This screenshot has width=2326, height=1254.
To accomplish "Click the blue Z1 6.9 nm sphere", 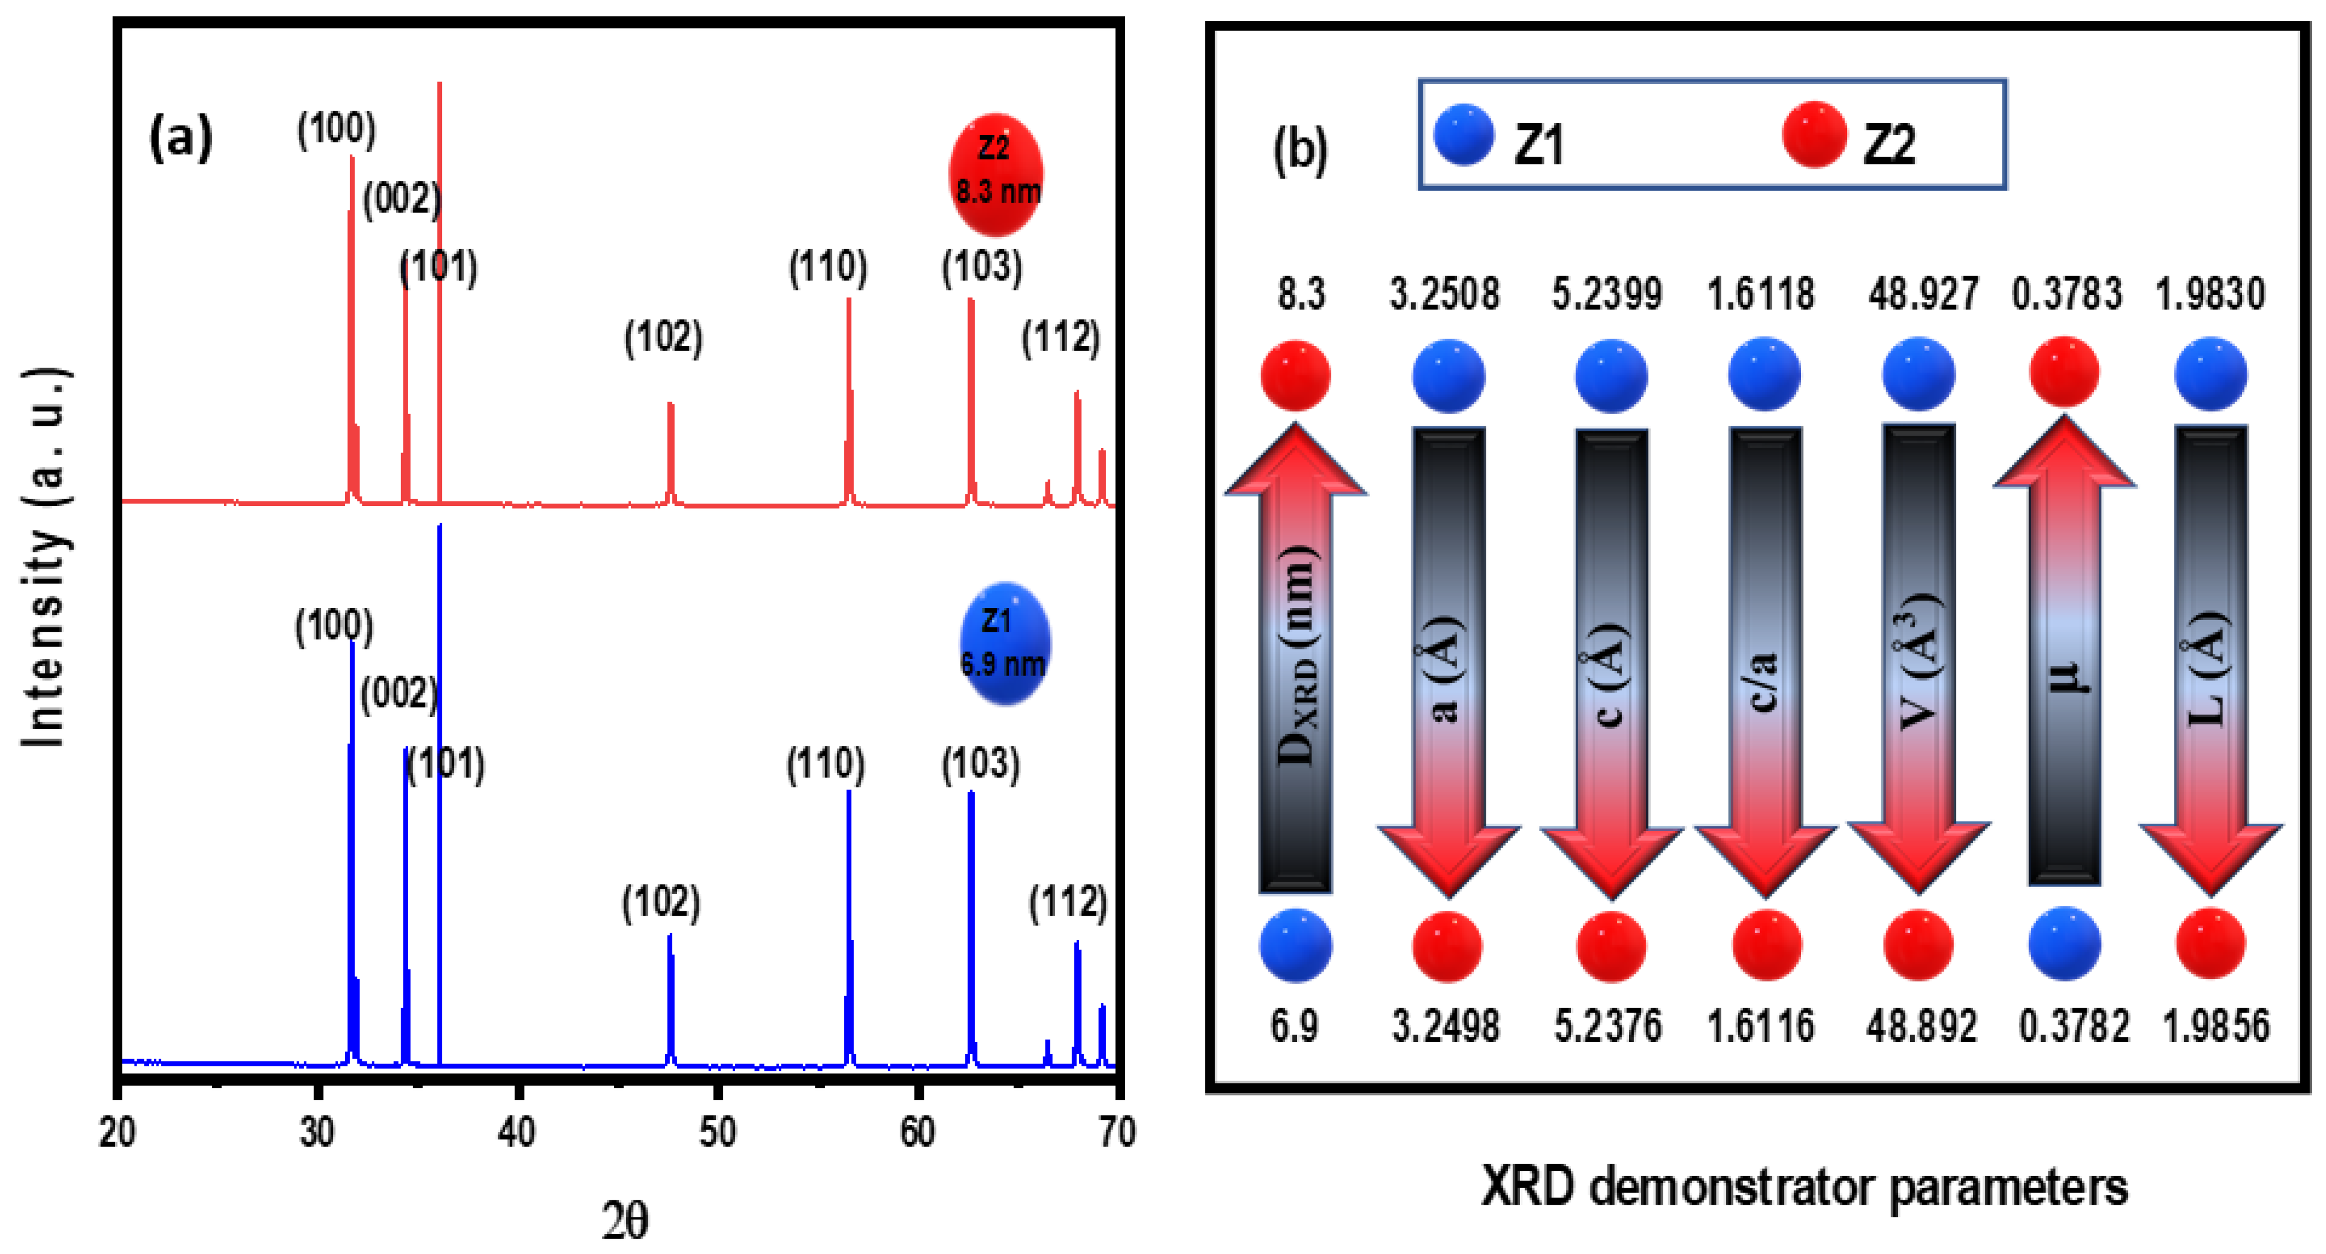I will pos(1003,643).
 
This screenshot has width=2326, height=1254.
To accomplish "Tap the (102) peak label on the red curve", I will pos(664,337).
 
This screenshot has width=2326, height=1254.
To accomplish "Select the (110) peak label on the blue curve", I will pos(825,765).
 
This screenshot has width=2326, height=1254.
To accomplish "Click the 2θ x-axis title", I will pos(625,1221).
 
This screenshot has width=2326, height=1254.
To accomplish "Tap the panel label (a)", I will pos(180,137).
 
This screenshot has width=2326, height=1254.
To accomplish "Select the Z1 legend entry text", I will pos(1539,145).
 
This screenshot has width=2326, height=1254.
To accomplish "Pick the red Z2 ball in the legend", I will pos(1814,135).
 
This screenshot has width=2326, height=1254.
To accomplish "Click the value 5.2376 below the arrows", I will pos(1607,1025).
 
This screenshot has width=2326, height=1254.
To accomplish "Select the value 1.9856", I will pos(2216,1025).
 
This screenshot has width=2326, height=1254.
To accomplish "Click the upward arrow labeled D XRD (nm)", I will pos(1295,659).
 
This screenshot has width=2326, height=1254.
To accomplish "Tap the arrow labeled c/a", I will pos(1765,659).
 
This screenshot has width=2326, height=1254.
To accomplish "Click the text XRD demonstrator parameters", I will pos(1804,1186).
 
